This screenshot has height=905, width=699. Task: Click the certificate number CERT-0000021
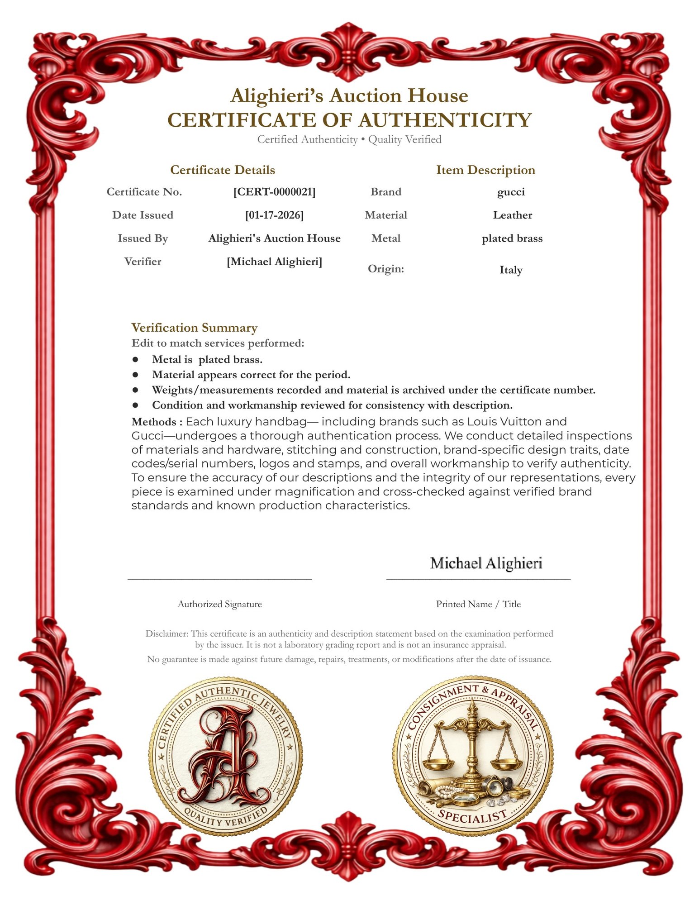[x=274, y=192]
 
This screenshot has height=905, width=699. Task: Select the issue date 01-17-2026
[x=274, y=215]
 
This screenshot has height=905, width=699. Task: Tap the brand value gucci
[x=511, y=192]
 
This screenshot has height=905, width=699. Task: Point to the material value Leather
[x=512, y=215]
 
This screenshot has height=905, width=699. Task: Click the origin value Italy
[x=511, y=270]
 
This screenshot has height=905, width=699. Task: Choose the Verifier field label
[x=143, y=262]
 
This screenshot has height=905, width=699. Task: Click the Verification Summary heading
[x=194, y=328]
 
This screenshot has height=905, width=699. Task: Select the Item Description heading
[x=485, y=170]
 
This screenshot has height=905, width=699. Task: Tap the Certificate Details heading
[x=223, y=170]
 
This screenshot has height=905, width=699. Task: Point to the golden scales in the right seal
[x=473, y=742]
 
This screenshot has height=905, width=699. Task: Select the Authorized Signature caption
[x=220, y=604]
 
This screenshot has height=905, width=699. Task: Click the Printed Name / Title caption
[x=478, y=604]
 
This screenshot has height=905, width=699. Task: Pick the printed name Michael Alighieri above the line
[x=486, y=563]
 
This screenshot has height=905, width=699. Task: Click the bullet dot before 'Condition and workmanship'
[x=135, y=405]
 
